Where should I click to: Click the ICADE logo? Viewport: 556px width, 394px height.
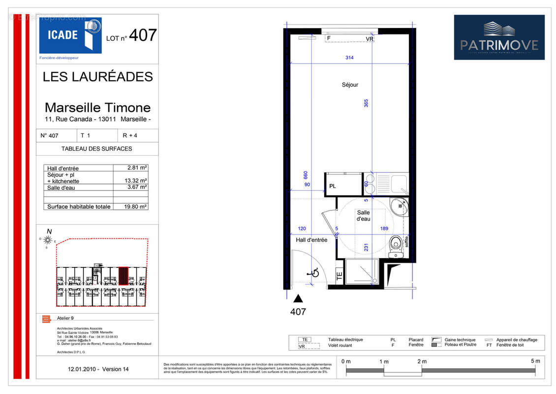tap(70, 35)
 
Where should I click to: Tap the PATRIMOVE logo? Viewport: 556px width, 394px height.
tap(499, 37)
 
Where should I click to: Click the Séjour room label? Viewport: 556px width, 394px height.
tap(350, 85)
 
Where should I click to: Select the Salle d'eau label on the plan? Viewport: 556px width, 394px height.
tap(364, 216)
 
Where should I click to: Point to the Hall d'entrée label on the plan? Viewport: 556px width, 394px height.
tap(311, 240)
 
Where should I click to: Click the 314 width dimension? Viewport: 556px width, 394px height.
tap(349, 58)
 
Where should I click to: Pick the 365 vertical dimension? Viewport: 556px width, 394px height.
tap(366, 103)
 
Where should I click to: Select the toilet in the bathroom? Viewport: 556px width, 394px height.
tap(396, 245)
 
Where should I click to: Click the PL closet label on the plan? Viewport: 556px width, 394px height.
tap(333, 186)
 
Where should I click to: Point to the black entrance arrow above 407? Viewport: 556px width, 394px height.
tap(298, 298)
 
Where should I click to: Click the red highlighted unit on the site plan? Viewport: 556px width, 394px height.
tap(123, 276)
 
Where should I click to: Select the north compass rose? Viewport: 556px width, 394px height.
tap(48, 240)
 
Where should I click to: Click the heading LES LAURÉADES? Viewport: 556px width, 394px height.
tap(98, 77)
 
